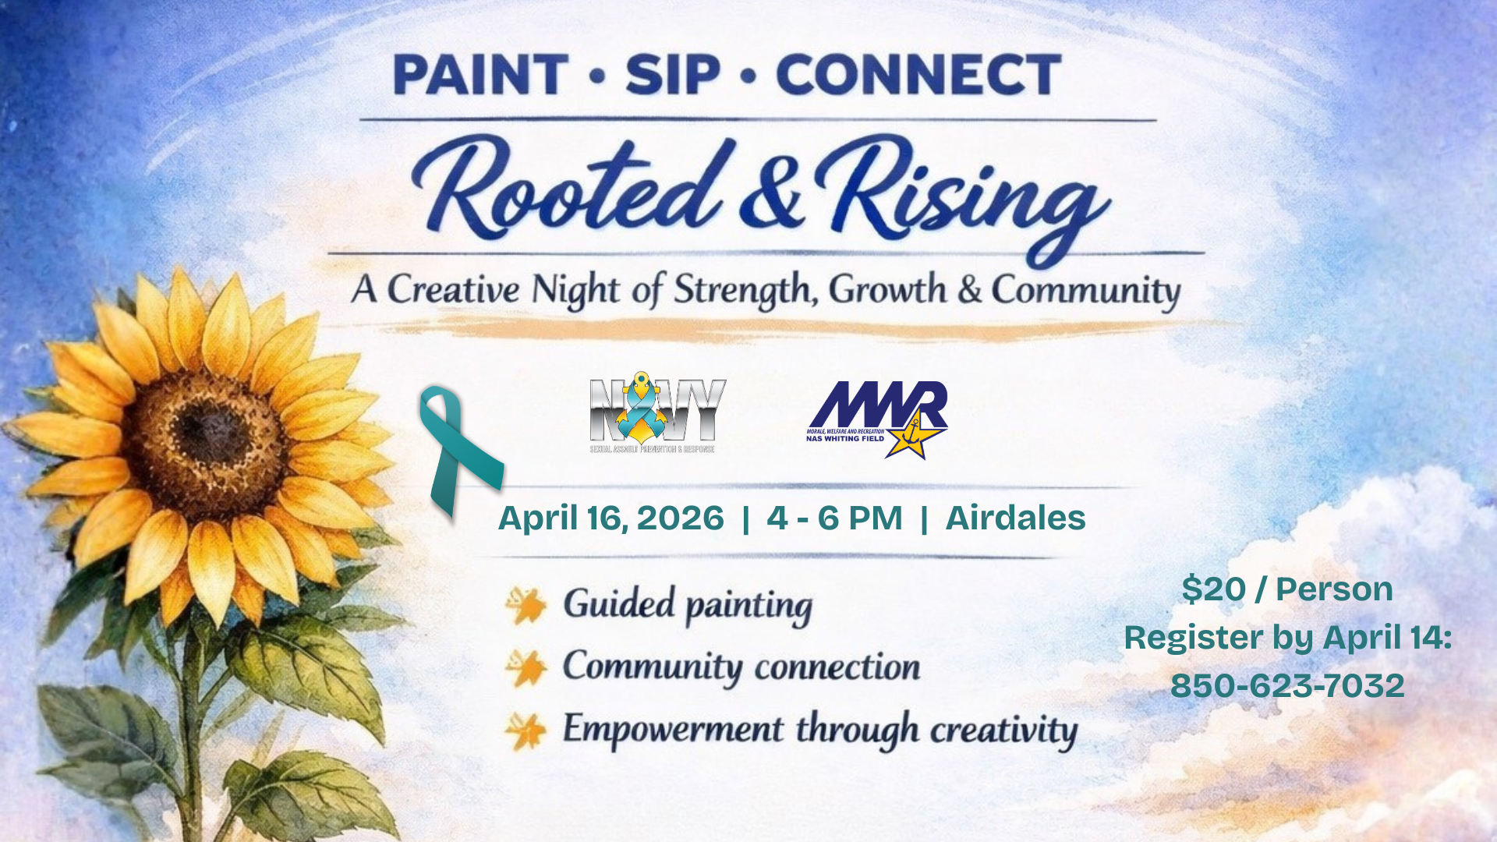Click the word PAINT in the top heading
coord(480,76)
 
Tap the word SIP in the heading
coord(672,76)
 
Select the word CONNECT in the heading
coord(918,76)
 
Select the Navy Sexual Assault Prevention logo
coord(655,413)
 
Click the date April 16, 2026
coord(610,518)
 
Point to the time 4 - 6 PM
coord(834,518)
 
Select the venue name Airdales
coord(1015,518)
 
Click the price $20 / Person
coord(1287,589)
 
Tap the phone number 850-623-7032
coord(1287,686)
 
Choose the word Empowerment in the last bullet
coord(673,730)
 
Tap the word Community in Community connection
coord(653,667)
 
